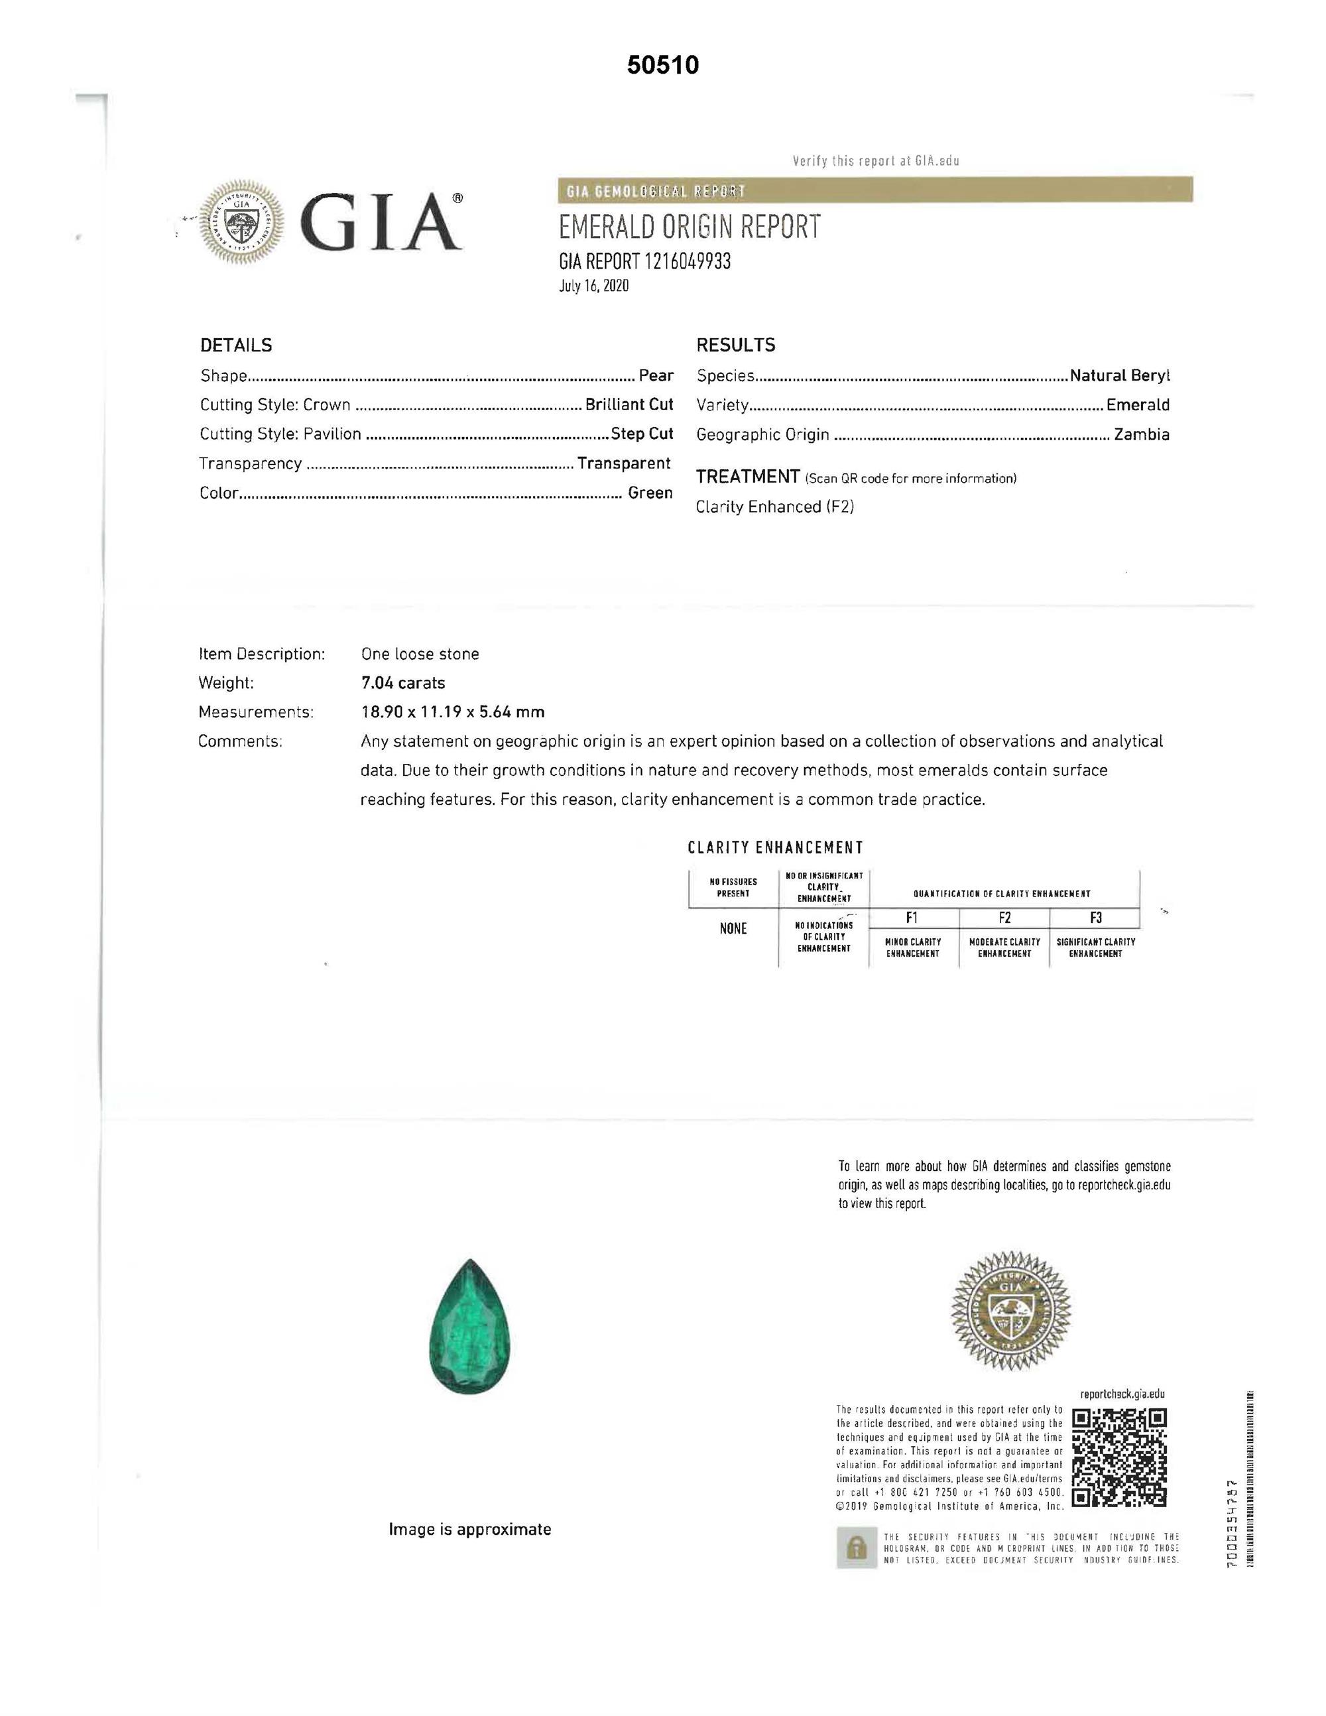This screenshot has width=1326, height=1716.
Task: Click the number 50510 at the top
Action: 663,65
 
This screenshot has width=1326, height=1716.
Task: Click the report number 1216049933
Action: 688,262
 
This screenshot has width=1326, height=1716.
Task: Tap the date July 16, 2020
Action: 594,286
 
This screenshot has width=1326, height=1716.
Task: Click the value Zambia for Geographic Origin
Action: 1142,434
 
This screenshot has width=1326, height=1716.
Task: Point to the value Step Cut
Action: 642,434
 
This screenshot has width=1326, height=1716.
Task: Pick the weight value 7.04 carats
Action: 403,683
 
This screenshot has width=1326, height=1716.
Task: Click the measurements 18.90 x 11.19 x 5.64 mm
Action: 452,712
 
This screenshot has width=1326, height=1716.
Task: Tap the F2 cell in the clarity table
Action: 1004,918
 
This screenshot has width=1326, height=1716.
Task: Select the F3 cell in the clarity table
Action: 1095,918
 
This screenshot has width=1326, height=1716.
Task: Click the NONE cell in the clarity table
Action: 733,929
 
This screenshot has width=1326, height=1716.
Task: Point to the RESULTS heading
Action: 735,345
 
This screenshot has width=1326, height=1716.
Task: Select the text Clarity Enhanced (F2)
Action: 774,507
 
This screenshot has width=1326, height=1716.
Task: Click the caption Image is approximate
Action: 470,1529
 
